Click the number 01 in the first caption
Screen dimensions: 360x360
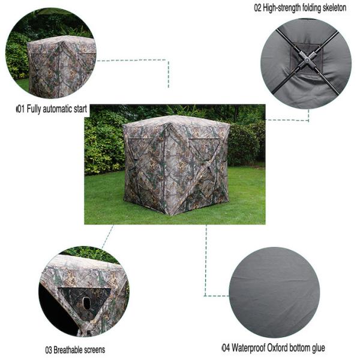21,109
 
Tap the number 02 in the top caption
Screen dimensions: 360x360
257,8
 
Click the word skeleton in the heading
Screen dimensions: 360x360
335,8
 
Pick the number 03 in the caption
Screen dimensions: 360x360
49,350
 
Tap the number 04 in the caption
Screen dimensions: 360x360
226,348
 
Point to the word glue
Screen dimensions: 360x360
319,348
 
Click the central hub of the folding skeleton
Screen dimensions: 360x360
307,59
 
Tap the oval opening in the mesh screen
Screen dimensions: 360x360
86,303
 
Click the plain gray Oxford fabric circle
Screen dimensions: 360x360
274,292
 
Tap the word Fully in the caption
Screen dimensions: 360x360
34,109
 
